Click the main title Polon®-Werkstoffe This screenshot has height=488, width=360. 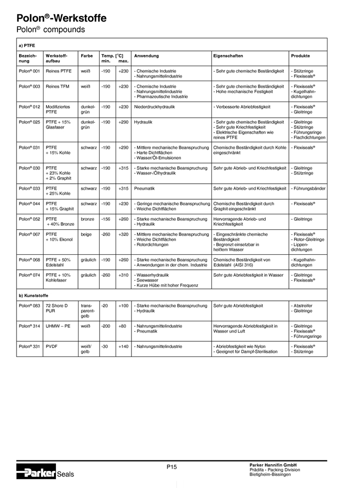tap(61, 19)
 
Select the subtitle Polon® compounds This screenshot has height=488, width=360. tap(50, 30)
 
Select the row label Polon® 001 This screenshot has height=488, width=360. tap(29, 72)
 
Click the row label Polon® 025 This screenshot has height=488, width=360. tap(29, 122)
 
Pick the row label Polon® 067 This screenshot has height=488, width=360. tap(29, 234)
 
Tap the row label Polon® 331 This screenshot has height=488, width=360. tap(29, 346)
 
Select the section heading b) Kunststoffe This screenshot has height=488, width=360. tap(33, 295)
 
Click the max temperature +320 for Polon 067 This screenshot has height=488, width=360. tap(123, 234)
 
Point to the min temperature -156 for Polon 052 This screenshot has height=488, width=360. tap(106, 219)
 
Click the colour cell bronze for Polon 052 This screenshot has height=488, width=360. tap(87, 219)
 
